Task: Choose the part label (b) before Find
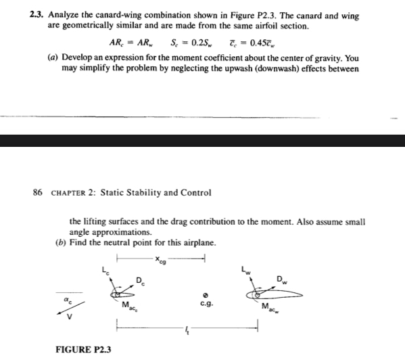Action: click(76, 243)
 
